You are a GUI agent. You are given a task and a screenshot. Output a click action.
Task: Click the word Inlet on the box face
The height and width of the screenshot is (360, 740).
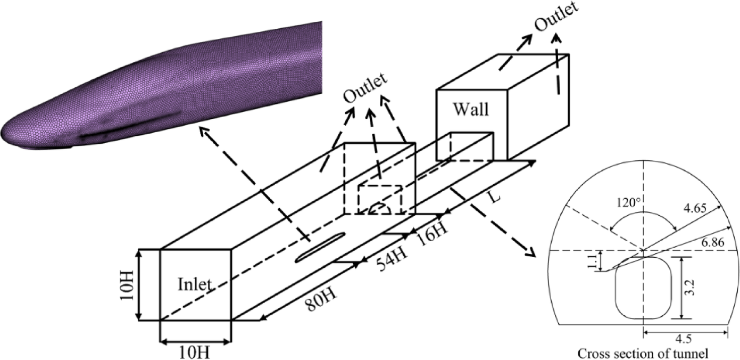pos(195,285)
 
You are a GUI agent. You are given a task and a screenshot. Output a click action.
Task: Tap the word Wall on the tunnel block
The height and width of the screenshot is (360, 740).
pos(470,110)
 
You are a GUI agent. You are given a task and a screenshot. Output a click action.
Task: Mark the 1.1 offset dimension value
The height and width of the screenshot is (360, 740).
pos(595,260)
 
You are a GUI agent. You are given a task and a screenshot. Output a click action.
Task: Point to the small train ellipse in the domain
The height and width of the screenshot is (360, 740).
pos(319,248)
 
